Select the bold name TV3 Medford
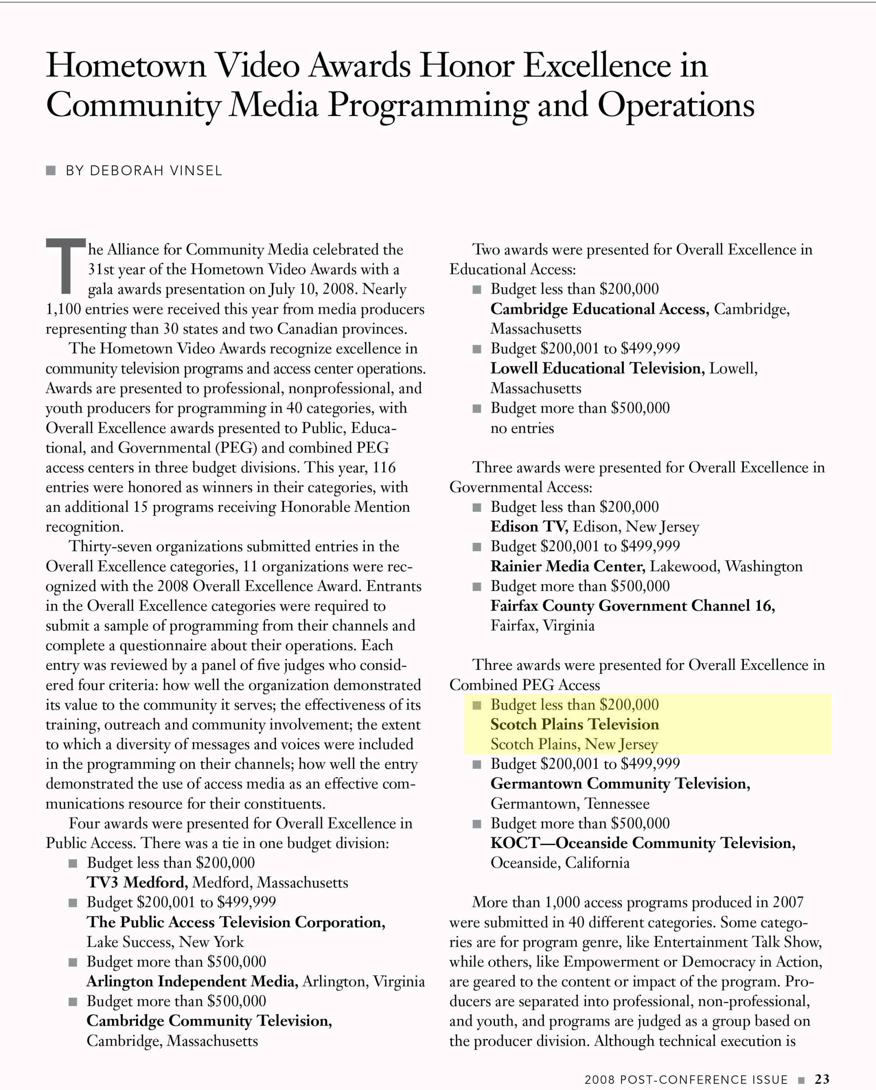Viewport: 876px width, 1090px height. point(137,883)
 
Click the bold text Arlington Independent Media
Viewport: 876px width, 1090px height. point(191,981)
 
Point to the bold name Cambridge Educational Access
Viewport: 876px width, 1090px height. point(599,309)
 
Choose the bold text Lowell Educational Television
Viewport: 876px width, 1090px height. point(597,368)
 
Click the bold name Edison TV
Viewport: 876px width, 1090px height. point(529,527)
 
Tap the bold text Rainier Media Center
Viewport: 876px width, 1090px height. point(567,566)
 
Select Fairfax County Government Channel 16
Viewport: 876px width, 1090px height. point(632,605)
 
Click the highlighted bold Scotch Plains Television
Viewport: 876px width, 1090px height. point(574,725)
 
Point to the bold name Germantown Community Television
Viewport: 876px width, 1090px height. point(620,784)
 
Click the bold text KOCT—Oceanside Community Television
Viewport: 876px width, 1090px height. point(643,843)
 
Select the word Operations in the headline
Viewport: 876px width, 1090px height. point(676,106)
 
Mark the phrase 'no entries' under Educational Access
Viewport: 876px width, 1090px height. point(522,428)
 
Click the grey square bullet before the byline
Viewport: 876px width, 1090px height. point(50,170)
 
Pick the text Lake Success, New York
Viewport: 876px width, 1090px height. point(165,942)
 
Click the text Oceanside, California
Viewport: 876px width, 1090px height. point(560,863)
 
